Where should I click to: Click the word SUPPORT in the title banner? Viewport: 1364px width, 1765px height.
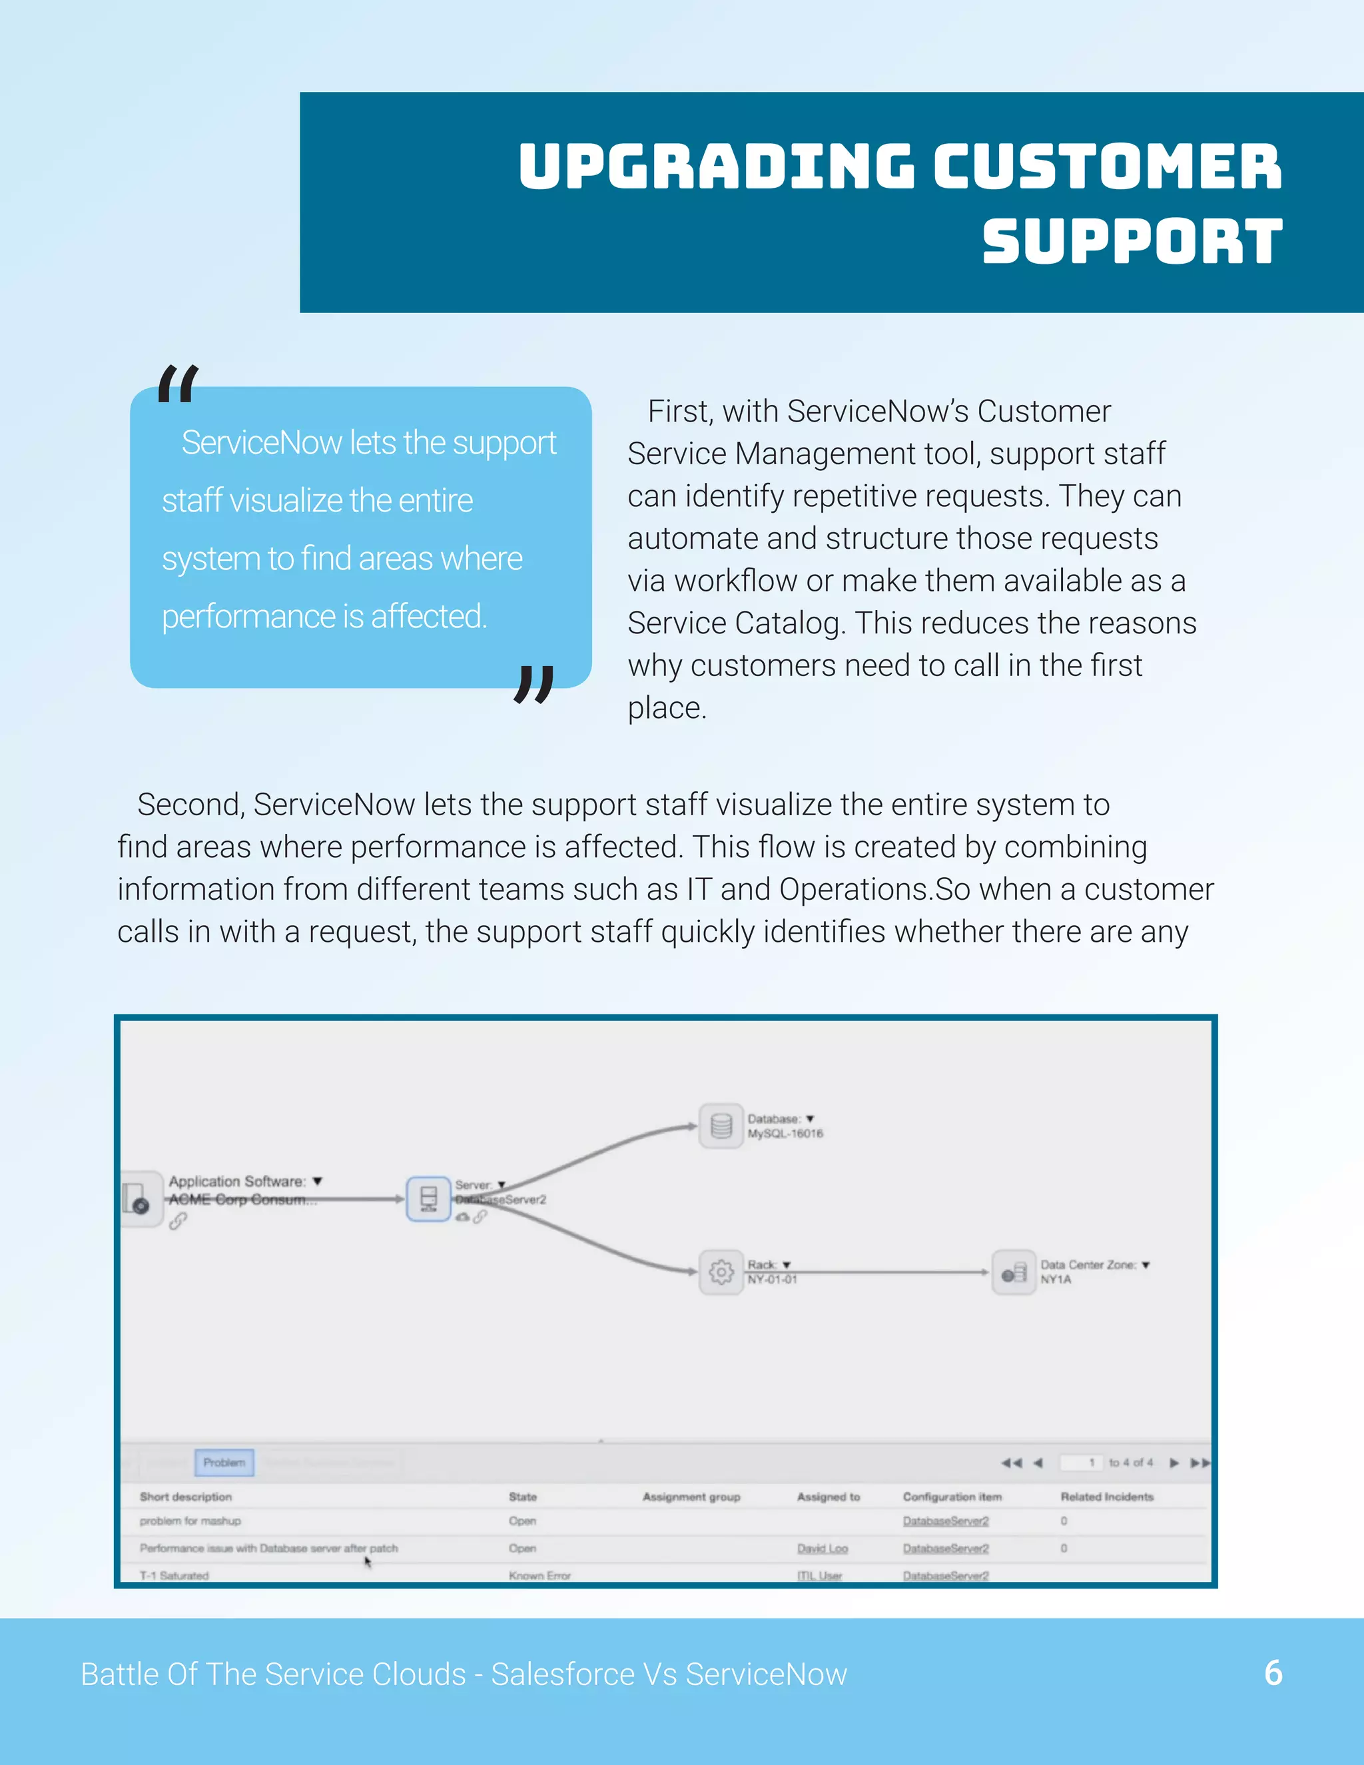(1132, 242)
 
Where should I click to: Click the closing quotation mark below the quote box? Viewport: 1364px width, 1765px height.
(534, 684)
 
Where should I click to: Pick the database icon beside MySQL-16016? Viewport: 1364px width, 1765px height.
(721, 1126)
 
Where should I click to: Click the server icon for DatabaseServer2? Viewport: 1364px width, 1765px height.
(428, 1198)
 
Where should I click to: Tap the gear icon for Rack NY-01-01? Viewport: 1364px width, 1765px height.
(721, 1272)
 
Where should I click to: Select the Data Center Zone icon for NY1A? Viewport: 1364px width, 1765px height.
(1013, 1272)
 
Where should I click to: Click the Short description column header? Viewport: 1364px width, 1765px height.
(185, 1497)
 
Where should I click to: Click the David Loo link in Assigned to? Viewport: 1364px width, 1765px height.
(822, 1549)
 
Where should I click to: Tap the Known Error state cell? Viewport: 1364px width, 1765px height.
(539, 1575)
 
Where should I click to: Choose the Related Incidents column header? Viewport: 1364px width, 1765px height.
(1106, 1497)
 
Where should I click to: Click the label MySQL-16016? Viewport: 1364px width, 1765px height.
(785, 1134)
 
